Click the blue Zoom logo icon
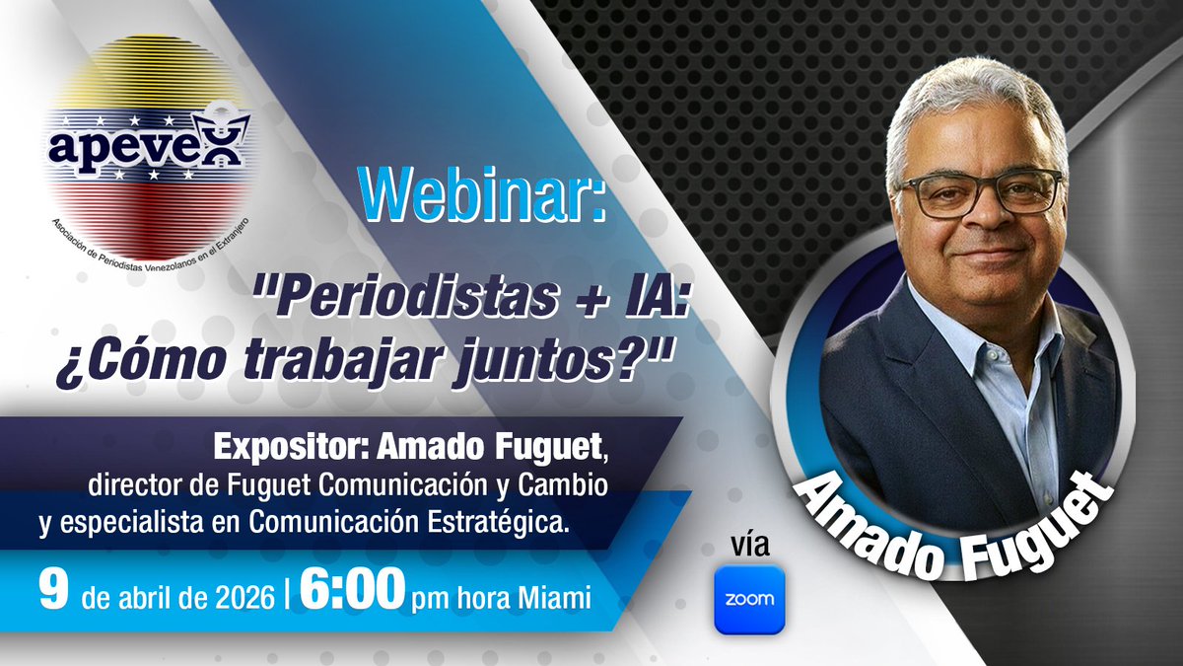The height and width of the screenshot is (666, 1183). [x=749, y=599]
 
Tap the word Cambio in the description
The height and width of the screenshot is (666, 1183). [x=561, y=486]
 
